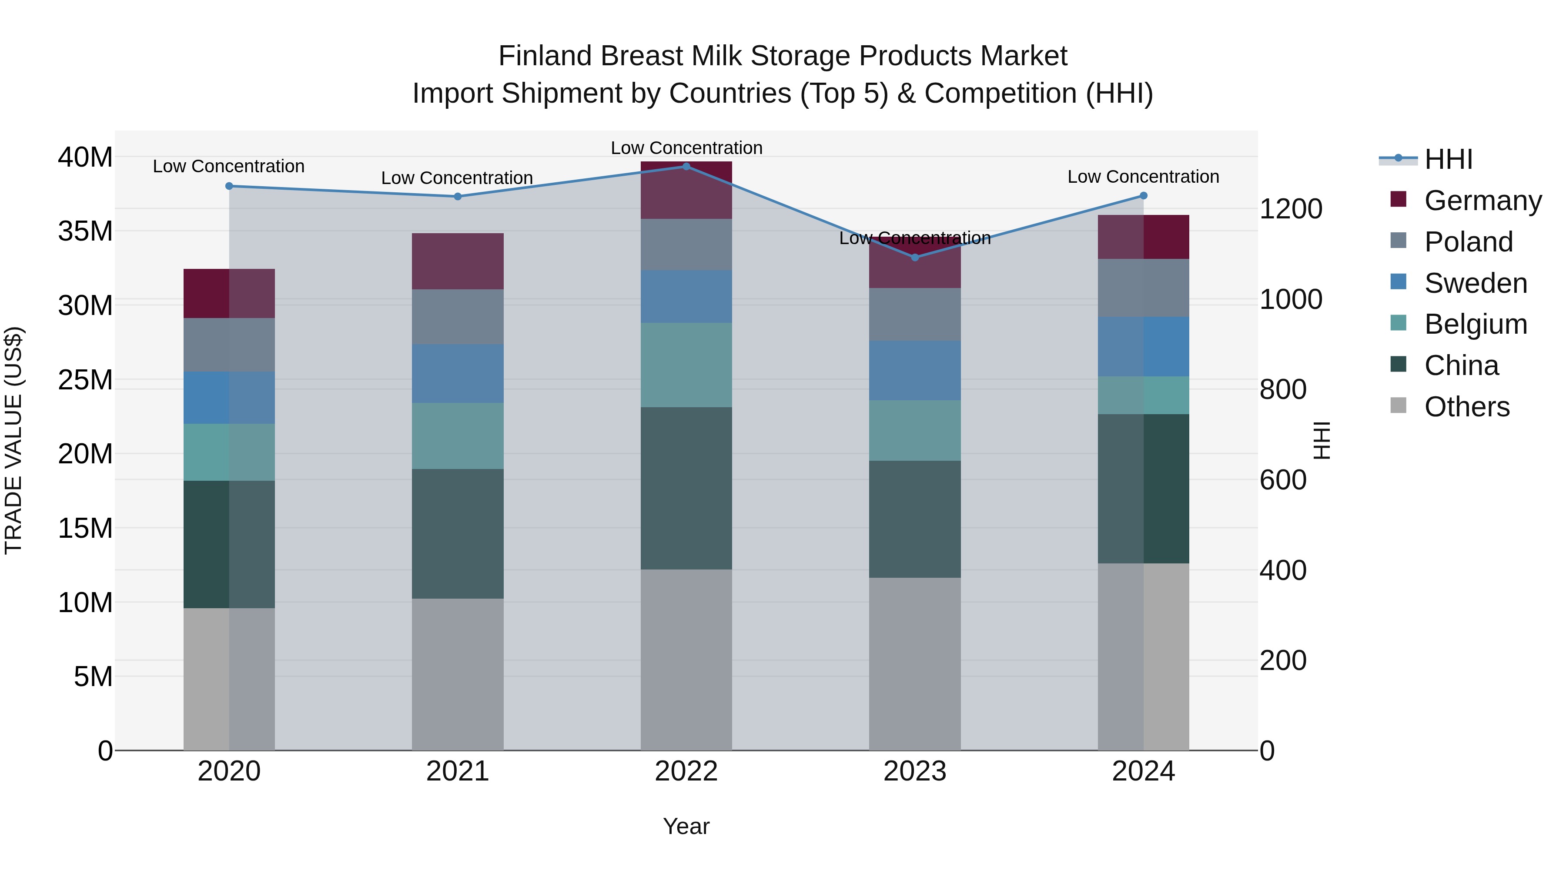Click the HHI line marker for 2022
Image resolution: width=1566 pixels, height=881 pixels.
(x=686, y=166)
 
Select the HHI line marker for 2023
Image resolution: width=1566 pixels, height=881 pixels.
(x=915, y=257)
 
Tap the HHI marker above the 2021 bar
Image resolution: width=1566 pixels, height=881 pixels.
(x=458, y=196)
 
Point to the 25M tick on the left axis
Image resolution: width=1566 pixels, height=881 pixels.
(x=85, y=380)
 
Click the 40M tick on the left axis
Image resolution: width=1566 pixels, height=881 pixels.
(x=85, y=157)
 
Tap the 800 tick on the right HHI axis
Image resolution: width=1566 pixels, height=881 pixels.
(x=1283, y=390)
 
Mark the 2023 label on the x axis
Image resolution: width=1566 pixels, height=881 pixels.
(x=914, y=771)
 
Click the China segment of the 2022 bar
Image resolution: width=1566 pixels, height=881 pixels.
(x=686, y=488)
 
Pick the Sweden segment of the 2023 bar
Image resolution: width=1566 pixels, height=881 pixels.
(x=915, y=370)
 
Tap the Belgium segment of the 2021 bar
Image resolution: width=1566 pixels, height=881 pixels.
(x=458, y=435)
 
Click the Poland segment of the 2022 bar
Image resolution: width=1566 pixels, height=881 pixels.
(x=686, y=245)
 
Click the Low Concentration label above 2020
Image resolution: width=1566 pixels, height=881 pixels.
(x=228, y=166)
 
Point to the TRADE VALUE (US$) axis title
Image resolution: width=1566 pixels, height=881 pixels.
(x=13, y=440)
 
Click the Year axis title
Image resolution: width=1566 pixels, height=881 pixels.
(x=686, y=826)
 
